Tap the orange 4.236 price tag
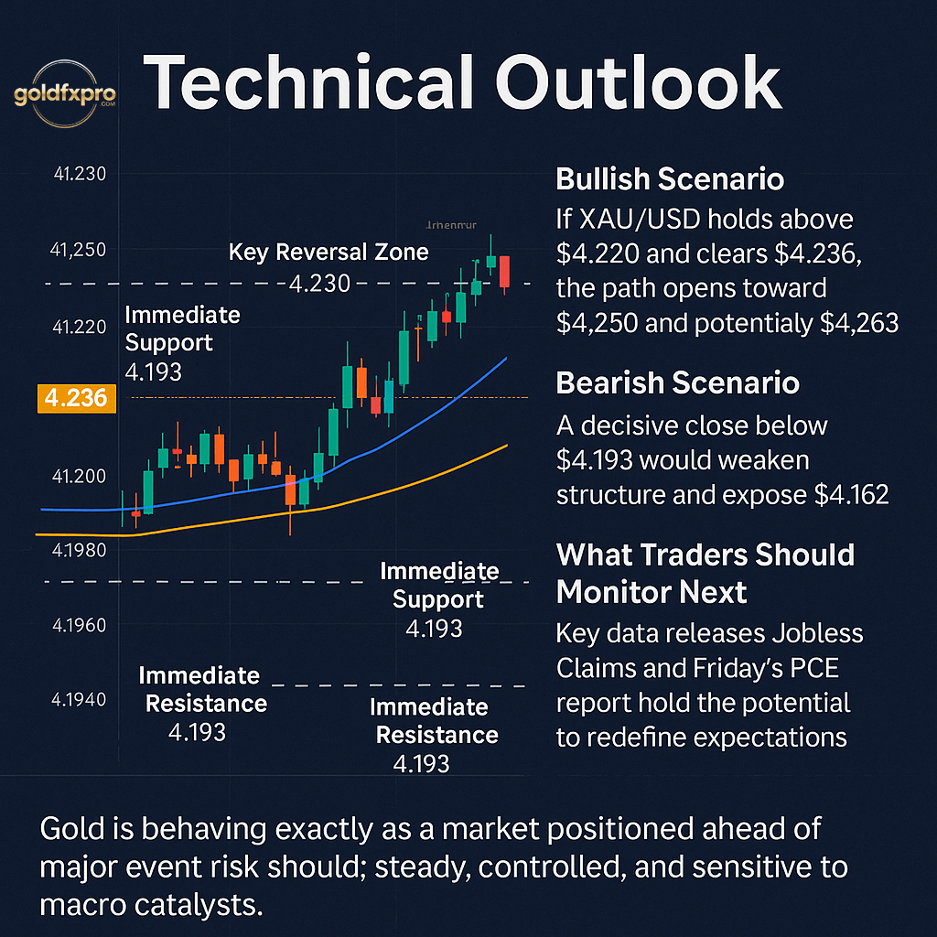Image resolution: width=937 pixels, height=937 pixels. [x=76, y=398]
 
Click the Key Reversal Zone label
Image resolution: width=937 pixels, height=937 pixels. [x=328, y=252]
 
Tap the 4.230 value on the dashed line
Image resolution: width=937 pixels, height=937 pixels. [x=319, y=284]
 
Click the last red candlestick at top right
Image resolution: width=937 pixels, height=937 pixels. [x=504, y=272]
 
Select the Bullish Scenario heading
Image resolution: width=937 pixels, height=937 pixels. [x=670, y=178]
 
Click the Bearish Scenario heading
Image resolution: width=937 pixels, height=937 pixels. [x=677, y=382]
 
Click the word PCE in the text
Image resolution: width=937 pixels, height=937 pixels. [x=816, y=668]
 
